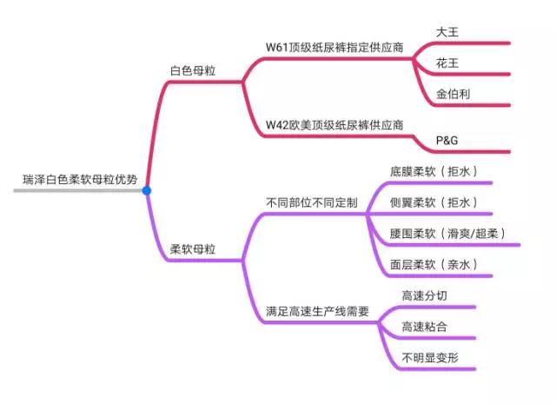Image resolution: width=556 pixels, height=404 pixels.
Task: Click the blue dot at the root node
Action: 147,190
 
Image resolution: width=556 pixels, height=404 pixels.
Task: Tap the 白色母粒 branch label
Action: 193,69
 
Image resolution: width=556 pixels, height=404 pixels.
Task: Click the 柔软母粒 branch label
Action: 193,249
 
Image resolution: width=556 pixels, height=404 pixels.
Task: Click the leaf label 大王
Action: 447,31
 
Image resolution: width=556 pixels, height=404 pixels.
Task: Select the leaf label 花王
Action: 447,63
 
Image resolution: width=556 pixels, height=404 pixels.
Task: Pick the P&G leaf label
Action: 448,140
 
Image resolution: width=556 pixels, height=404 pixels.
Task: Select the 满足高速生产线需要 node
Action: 316,311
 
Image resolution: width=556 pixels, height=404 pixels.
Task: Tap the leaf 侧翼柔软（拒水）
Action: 434,202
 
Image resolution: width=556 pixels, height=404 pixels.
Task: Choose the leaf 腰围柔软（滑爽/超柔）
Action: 448,234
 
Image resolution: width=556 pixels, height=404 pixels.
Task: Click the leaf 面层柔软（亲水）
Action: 434,265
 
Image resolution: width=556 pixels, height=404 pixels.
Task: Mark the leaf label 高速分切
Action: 424,296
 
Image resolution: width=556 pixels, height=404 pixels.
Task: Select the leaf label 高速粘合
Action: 424,327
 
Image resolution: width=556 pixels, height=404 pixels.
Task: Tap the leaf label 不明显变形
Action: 429,358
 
